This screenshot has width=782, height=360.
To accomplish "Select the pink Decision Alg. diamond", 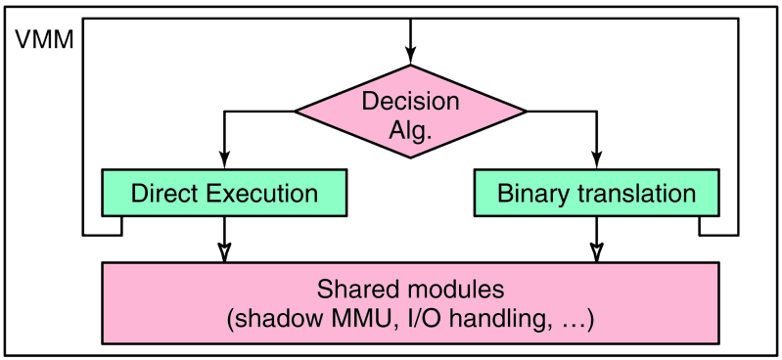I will [410, 115].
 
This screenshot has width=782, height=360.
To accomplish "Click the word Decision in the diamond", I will [410, 101].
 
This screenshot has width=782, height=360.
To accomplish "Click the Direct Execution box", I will [224, 193].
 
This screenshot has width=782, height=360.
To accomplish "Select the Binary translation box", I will [596, 193].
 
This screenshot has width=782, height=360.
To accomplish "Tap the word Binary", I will [532, 193].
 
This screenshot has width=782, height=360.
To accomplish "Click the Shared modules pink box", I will [410, 302].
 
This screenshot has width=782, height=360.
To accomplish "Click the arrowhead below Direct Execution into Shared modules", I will [226, 252].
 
